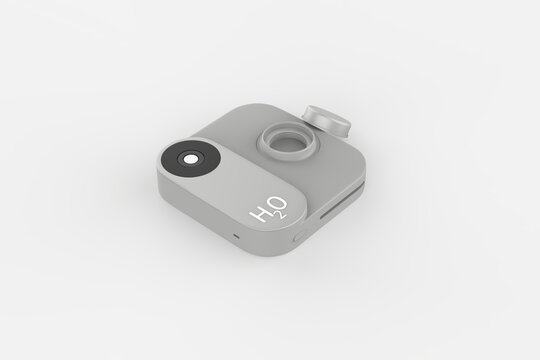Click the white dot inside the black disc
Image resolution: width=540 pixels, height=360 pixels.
coord(190,160)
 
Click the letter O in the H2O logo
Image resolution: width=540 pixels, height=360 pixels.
coord(279,205)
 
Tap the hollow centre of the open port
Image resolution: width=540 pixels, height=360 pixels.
coord(288,142)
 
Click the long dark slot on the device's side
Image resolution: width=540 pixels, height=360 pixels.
coord(341,203)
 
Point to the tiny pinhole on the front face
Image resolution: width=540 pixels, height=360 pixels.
coord(236,236)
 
